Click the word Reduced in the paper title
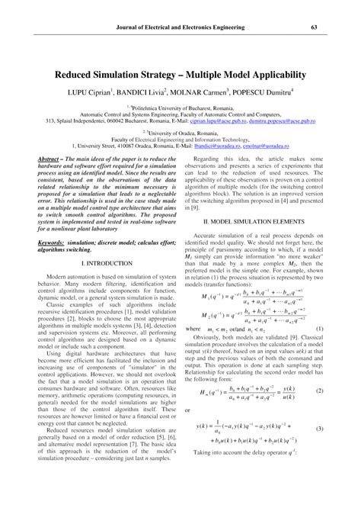pyautogui.click(x=74, y=76)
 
